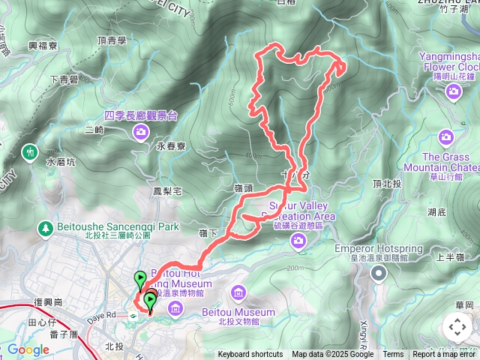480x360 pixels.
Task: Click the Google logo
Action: point(28,349)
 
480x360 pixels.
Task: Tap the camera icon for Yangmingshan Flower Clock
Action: point(453,91)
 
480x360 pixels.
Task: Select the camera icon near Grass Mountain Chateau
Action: point(447,136)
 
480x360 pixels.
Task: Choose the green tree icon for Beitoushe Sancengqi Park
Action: point(46,226)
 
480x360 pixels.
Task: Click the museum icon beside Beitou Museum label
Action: point(238,292)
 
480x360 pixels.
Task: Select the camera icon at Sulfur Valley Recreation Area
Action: point(298,240)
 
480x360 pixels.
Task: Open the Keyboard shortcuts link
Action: point(250,355)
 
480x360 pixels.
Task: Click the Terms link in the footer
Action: point(393,355)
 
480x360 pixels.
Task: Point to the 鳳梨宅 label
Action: point(167,192)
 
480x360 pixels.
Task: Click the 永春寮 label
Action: point(171,147)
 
